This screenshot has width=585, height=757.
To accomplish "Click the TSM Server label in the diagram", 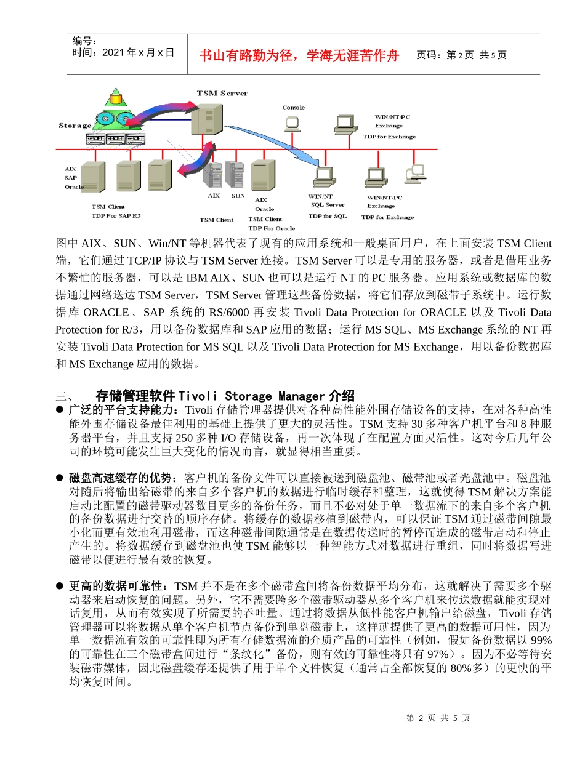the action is click(x=222, y=93).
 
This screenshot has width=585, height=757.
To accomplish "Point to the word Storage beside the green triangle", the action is click(x=75, y=126).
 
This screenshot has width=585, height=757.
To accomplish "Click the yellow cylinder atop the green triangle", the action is click(x=115, y=97).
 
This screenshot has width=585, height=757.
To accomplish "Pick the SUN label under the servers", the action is click(x=238, y=196).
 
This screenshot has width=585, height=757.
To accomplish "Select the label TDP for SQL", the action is click(x=327, y=216).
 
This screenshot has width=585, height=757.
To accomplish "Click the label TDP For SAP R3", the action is click(x=116, y=215).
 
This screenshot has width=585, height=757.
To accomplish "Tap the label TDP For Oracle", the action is click(x=272, y=228).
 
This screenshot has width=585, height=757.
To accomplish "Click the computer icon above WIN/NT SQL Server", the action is click(x=324, y=177).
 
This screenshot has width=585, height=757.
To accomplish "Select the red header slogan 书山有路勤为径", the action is click(x=299, y=56).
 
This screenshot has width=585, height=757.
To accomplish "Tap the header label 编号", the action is click(x=84, y=41).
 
